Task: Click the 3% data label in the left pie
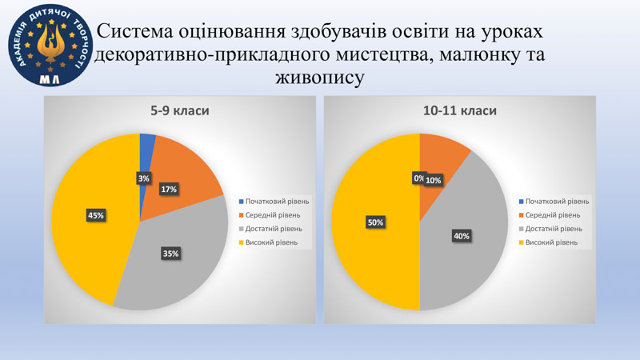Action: pyautogui.click(x=143, y=178)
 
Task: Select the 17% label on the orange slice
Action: pyautogui.click(x=169, y=190)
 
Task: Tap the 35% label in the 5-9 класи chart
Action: pyautogui.click(x=170, y=254)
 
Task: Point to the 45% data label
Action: pyautogui.click(x=96, y=215)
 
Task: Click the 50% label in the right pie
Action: pyautogui.click(x=375, y=222)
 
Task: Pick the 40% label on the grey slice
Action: pyautogui.click(x=462, y=236)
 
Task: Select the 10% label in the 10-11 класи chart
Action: pyautogui.click(x=434, y=180)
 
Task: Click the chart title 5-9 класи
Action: pyautogui.click(x=180, y=110)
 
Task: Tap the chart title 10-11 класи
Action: pyautogui.click(x=460, y=110)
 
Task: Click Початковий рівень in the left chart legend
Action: pyautogui.click(x=277, y=202)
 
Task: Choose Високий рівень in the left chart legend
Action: pyautogui.click(x=271, y=242)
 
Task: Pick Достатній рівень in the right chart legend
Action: pyautogui.click(x=554, y=229)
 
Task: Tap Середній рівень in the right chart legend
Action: pyautogui.click(x=553, y=215)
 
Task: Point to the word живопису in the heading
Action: pyautogui.click(x=319, y=77)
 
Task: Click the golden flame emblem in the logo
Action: pyautogui.click(x=50, y=44)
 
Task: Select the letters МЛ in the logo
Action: pyautogui.click(x=50, y=78)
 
